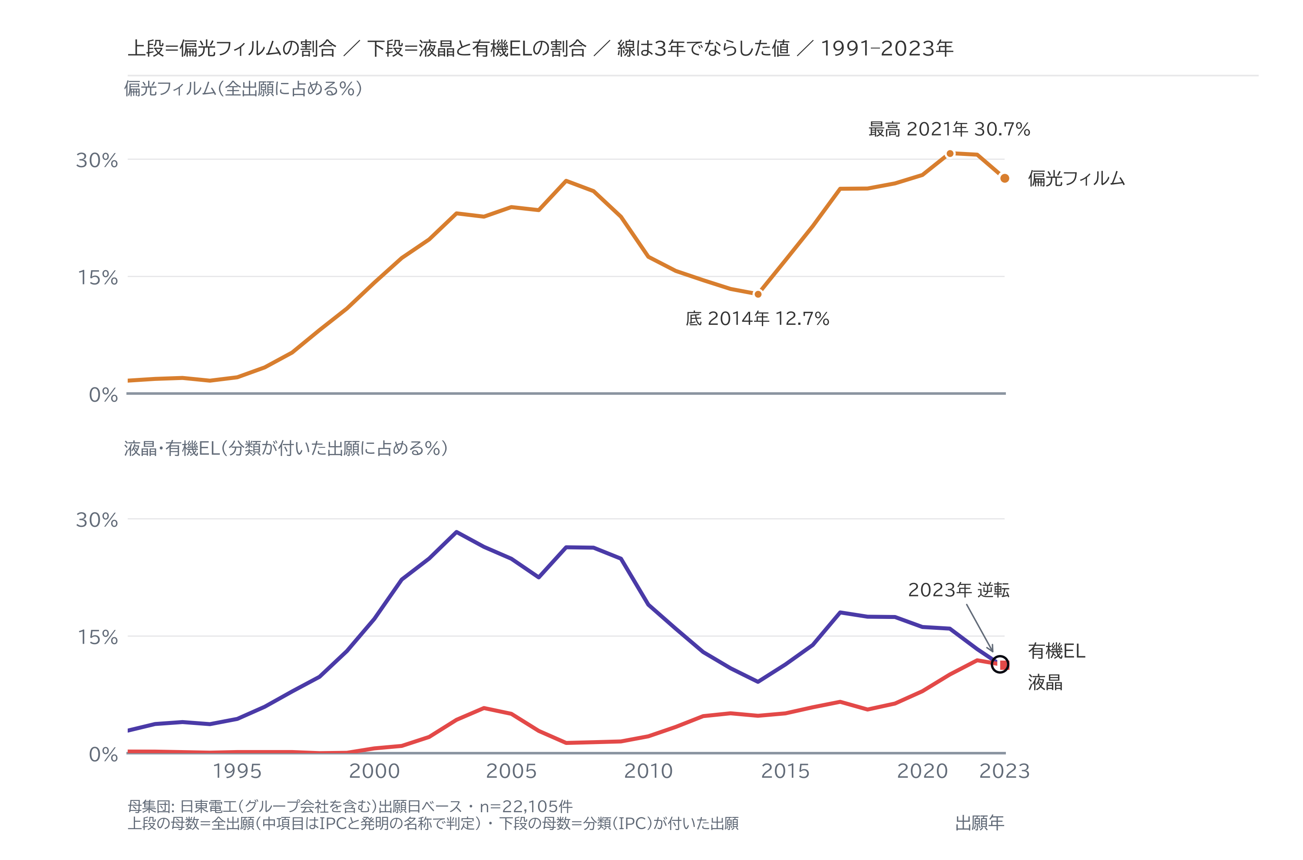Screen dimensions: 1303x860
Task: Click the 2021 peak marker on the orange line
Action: [x=950, y=154]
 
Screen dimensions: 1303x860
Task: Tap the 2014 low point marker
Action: [x=758, y=294]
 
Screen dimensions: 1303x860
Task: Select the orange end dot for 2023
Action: [x=1005, y=178]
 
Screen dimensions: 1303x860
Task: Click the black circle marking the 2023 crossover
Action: [x=1000, y=664]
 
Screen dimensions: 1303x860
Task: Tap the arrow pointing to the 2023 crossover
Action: [x=979, y=628]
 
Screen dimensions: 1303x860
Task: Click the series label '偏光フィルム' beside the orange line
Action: [x=1076, y=178]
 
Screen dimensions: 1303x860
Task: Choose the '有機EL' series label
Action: [x=1056, y=651]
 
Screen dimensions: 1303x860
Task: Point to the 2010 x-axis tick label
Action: [x=648, y=771]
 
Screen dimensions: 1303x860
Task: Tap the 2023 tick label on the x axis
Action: [x=1005, y=771]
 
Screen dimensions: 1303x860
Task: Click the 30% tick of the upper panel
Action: [x=97, y=160]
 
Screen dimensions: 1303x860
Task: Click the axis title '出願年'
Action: [x=979, y=823]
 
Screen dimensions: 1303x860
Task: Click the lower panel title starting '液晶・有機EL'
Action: [x=286, y=448]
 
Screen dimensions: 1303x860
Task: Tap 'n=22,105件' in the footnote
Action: [x=526, y=806]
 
